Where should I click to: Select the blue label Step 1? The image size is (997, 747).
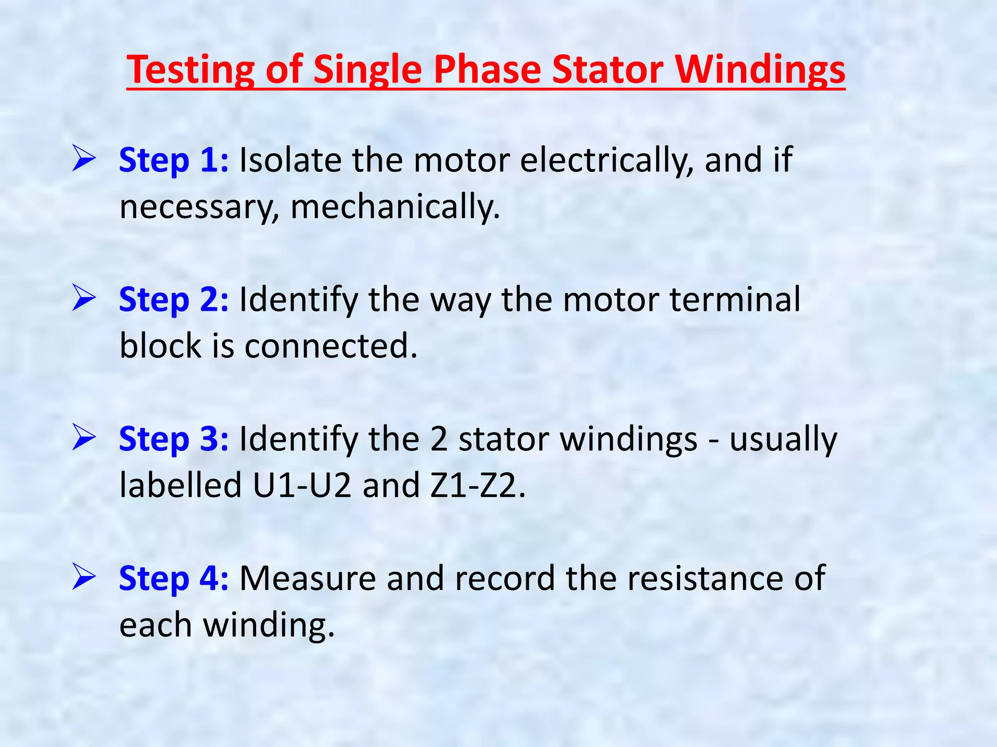173,160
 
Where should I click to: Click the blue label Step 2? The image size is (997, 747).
173,300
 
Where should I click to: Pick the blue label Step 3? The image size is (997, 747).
173,439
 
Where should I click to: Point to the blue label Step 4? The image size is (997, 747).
173,579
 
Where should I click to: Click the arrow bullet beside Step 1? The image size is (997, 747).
83,158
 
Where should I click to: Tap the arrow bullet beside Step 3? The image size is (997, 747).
83,437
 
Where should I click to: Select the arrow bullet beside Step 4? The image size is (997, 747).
83,576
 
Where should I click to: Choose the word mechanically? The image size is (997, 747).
395,207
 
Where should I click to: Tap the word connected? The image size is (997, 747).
331,346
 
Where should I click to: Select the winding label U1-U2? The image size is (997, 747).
302,485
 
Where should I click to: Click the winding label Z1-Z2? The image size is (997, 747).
477,485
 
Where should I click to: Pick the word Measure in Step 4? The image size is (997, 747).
308,579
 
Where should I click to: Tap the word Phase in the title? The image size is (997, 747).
487,70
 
